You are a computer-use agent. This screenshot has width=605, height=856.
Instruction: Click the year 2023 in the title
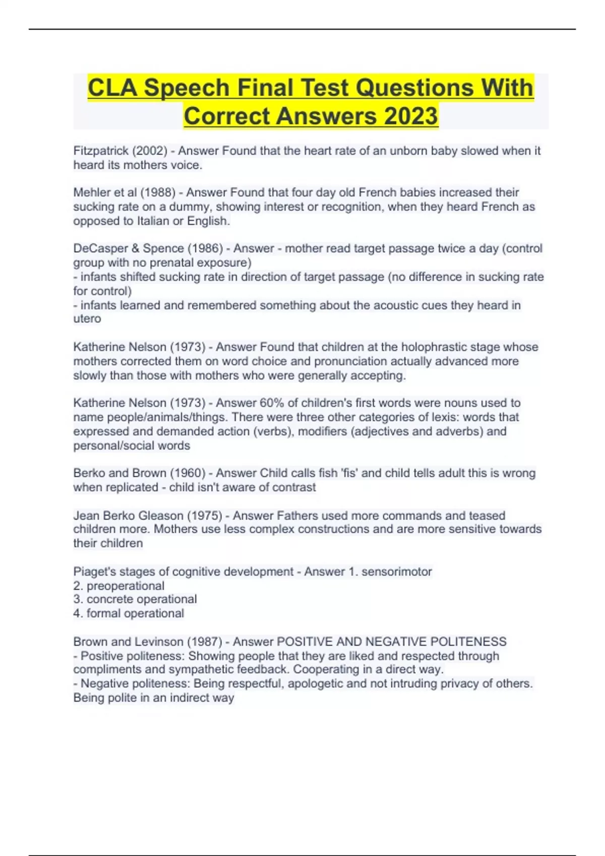(411, 116)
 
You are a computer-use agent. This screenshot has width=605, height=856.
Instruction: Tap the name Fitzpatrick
(101, 151)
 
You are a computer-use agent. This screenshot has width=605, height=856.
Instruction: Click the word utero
(87, 319)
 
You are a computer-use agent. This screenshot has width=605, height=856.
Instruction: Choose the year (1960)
(188, 473)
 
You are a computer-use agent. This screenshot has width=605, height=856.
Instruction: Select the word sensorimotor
(397, 572)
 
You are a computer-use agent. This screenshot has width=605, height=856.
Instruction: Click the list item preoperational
(126, 586)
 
